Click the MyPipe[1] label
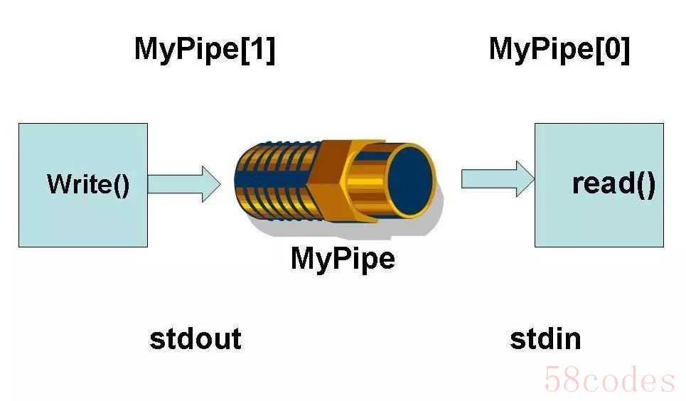(205, 49)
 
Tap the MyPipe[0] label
(559, 49)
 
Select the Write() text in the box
(88, 184)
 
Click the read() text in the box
(613, 183)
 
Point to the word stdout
(195, 338)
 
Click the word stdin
(545, 338)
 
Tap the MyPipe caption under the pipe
(343, 260)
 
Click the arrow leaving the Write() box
(184, 184)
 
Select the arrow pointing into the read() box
(498, 178)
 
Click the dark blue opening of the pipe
(409, 181)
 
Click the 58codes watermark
(609, 380)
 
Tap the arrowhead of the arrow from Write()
(211, 184)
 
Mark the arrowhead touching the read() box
(525, 178)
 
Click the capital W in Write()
(60, 184)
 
